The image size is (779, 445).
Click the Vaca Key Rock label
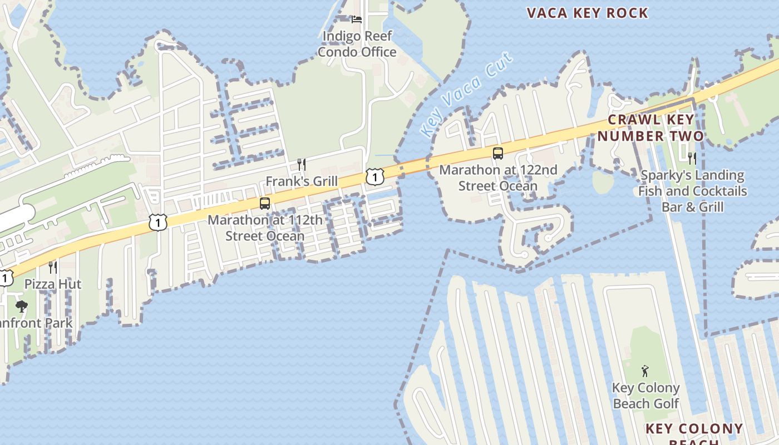tap(587, 13)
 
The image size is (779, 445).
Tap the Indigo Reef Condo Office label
tap(357, 44)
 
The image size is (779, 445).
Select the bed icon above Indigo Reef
tap(357, 19)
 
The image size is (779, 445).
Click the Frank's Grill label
tap(302, 181)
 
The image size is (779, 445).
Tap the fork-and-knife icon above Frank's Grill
tap(302, 164)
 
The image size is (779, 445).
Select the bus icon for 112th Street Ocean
tap(265, 204)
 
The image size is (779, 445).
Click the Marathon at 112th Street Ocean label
tap(265, 228)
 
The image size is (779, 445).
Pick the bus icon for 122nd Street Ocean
tap(498, 154)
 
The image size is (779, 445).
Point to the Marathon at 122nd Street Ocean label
tap(498, 177)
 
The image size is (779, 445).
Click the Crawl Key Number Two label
tap(650, 127)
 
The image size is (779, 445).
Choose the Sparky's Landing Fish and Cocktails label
tap(692, 191)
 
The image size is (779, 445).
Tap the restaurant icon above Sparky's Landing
tap(692, 159)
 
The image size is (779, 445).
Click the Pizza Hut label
tap(53, 284)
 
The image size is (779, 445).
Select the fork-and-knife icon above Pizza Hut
tap(53, 268)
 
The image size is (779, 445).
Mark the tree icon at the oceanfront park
tap(22, 306)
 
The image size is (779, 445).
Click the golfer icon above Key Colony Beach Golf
tap(645, 370)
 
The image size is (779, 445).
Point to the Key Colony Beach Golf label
tap(645, 395)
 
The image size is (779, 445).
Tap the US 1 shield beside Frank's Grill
tap(375, 177)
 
